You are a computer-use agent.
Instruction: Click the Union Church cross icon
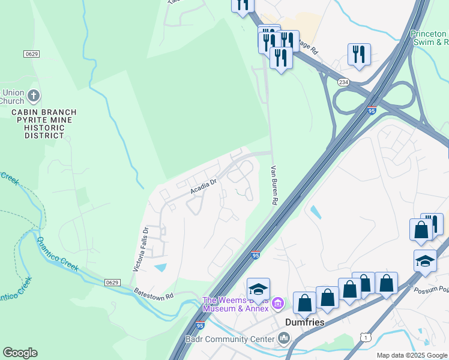34,95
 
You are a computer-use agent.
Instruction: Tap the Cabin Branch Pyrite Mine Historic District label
44,124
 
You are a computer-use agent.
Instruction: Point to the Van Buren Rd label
273,185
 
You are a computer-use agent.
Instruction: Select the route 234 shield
343,82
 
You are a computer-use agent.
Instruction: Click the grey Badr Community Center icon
285,340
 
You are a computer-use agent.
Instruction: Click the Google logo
20,353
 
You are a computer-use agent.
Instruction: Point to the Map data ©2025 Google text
412,355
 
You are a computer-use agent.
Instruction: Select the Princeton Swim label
429,38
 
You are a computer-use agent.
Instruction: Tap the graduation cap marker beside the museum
258,290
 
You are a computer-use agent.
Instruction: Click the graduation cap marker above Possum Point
425,262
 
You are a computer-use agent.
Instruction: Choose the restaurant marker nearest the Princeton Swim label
359,55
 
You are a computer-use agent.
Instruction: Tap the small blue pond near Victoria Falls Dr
161,267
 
